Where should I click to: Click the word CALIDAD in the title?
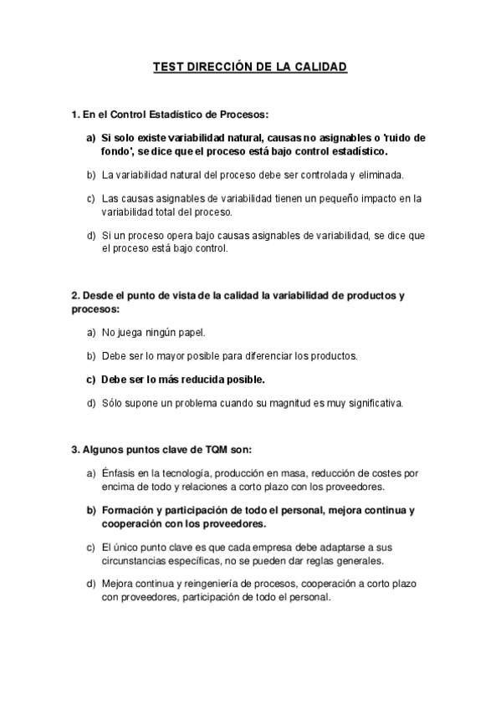[x=319, y=64]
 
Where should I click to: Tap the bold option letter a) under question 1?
[x=91, y=137]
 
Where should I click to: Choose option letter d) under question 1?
[x=91, y=236]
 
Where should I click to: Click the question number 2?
[x=75, y=295]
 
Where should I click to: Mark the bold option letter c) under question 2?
[x=91, y=379]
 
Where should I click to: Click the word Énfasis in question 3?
[x=119, y=473]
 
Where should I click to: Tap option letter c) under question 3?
[x=91, y=547]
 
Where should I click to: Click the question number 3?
[x=75, y=449]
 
